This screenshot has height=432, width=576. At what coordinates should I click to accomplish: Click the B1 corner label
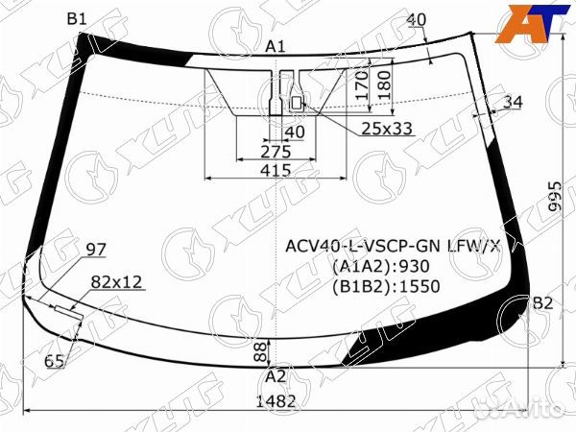77,19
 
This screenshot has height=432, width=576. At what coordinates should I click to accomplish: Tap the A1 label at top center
276,46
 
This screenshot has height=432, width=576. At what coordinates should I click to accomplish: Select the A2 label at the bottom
276,375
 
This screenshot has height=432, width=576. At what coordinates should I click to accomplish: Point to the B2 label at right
542,303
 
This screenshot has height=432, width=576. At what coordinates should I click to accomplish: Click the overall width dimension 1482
276,401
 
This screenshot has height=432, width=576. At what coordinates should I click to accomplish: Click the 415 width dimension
276,170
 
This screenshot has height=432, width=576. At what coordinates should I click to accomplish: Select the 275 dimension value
276,152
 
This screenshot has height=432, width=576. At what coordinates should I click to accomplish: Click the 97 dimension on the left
96,250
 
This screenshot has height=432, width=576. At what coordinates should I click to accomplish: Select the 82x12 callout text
116,281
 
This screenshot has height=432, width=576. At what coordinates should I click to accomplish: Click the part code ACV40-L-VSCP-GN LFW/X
393,246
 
